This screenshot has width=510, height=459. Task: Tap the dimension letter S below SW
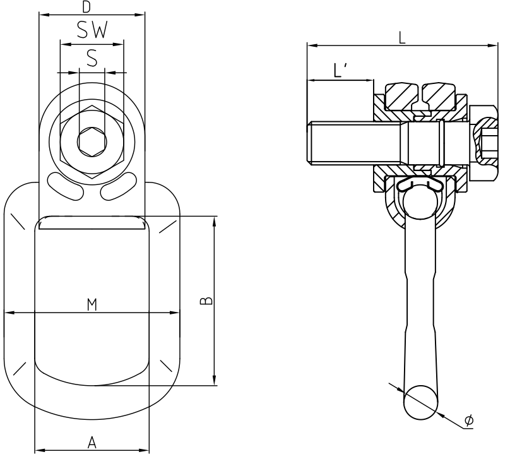point(92,59)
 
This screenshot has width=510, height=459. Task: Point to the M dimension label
point(92,305)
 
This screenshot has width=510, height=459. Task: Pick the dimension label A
point(92,443)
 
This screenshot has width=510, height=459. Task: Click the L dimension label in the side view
point(402,37)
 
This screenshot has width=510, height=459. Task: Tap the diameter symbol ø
point(469,420)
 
